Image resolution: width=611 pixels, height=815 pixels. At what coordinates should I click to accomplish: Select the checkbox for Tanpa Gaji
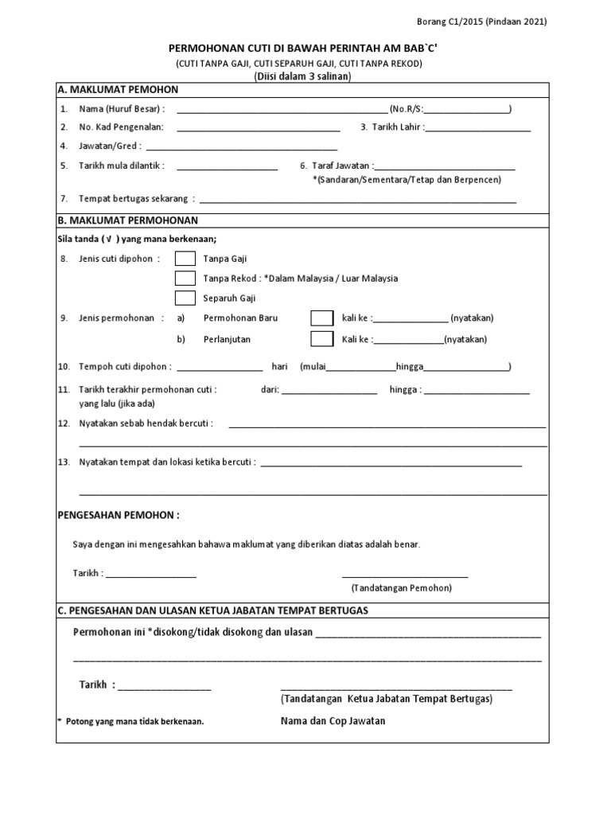(185, 259)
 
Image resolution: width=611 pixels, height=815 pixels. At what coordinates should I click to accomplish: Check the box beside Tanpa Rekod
(185, 279)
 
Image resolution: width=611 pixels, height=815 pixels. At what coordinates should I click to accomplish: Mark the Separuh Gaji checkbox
(185, 298)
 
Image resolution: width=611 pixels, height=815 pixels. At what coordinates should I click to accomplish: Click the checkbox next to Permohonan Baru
(321, 318)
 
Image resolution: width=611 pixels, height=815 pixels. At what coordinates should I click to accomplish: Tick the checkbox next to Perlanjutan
(321, 339)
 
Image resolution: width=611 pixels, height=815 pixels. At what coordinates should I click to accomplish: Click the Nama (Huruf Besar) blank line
(282, 110)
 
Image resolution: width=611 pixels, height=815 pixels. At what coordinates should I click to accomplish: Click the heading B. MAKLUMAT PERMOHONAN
(127, 220)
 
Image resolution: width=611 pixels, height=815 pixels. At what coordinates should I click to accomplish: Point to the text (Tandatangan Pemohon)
(401, 588)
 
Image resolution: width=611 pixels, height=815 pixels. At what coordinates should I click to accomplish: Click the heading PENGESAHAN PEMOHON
(119, 515)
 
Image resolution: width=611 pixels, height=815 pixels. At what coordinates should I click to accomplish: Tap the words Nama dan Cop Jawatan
(333, 720)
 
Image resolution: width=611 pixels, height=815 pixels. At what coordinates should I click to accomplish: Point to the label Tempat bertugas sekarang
(134, 199)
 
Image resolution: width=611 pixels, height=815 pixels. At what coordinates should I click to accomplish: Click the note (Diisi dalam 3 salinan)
(301, 76)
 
